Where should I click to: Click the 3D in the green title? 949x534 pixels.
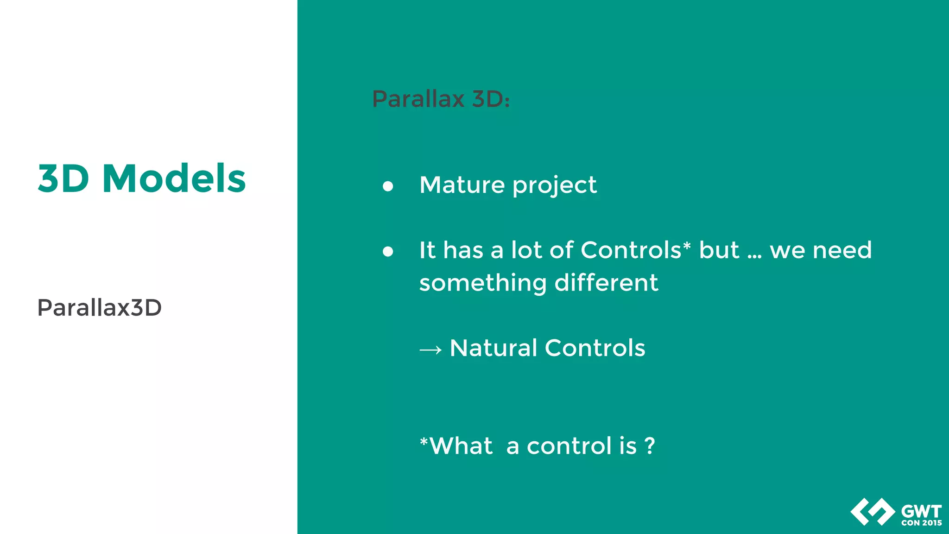coord(63,179)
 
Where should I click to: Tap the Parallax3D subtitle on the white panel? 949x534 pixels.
coord(99,308)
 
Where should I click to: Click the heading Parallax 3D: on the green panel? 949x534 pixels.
coord(441,99)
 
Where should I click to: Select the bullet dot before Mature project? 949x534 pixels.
coord(388,186)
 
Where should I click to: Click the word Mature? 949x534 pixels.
coord(462,185)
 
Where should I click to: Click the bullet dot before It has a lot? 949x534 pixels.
coord(388,252)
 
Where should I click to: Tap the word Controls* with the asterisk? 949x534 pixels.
coord(635,250)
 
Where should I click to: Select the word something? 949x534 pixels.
coord(482,284)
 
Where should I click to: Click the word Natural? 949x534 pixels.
coord(493,348)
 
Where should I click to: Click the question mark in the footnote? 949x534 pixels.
coord(650,446)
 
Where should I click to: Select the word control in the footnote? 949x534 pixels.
coord(569,446)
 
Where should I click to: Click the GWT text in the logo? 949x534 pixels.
coord(921,512)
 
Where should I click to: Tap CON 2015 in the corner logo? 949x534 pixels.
coord(921,523)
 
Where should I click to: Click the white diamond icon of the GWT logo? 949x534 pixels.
coord(873,512)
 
